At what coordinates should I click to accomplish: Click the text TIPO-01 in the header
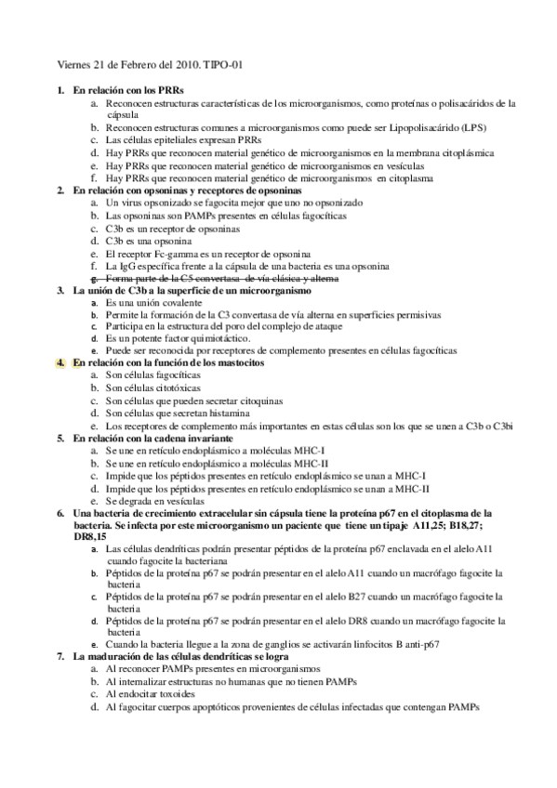click(223, 66)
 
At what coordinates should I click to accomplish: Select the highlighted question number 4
click(60, 363)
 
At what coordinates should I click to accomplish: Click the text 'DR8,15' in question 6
click(91, 536)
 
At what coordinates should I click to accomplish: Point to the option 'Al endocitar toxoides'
click(151, 693)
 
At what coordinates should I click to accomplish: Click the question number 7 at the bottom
click(60, 657)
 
